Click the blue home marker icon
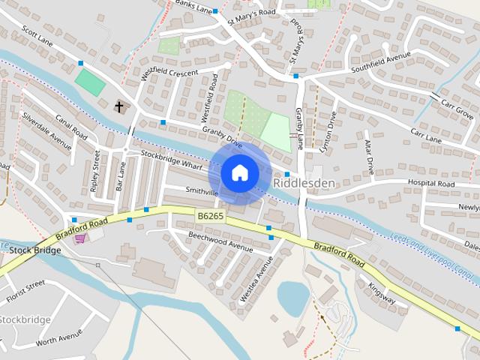(x=239, y=173)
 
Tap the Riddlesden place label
(x=304, y=182)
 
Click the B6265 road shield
(x=210, y=216)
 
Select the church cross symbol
(x=118, y=107)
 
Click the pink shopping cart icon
(x=80, y=238)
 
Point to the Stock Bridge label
(x=35, y=250)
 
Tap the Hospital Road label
(x=430, y=184)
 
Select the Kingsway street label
(x=382, y=292)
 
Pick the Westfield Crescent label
(x=169, y=76)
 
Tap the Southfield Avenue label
(x=382, y=65)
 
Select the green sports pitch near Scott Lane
(x=91, y=82)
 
